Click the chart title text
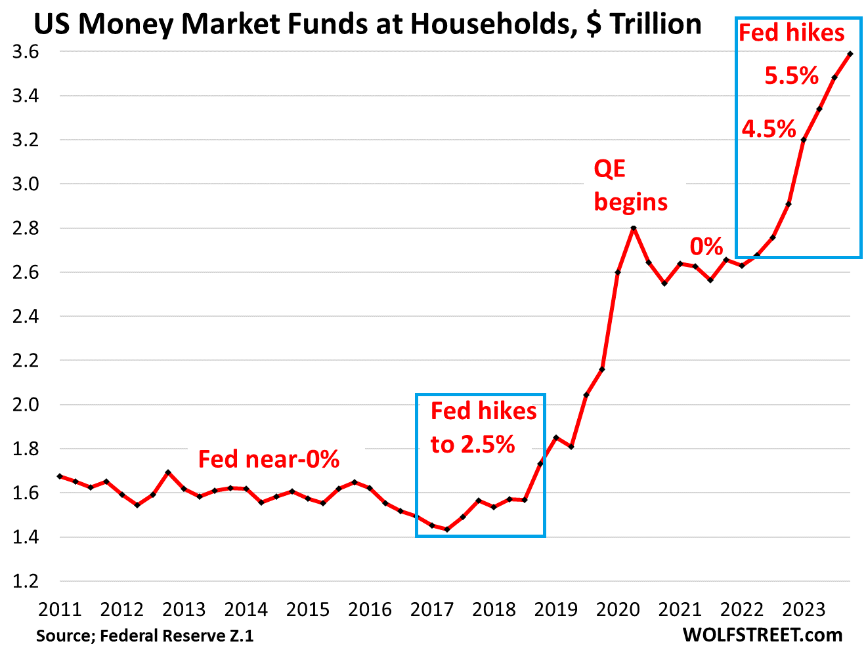[367, 24]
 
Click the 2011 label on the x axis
[60, 609]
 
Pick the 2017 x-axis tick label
[431, 609]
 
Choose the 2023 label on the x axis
[804, 609]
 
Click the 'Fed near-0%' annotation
[269, 459]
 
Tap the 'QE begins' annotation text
[630, 186]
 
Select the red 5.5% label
[791, 76]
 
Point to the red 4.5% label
[769, 129]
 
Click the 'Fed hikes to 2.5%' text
[483, 428]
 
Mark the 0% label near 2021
[706, 247]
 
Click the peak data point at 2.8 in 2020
[634, 228]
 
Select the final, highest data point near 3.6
[850, 54]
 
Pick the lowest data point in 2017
[447, 529]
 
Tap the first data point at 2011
[60, 476]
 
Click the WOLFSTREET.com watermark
[762, 635]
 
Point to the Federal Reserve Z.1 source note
[144, 636]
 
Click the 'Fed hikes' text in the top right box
[792, 33]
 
